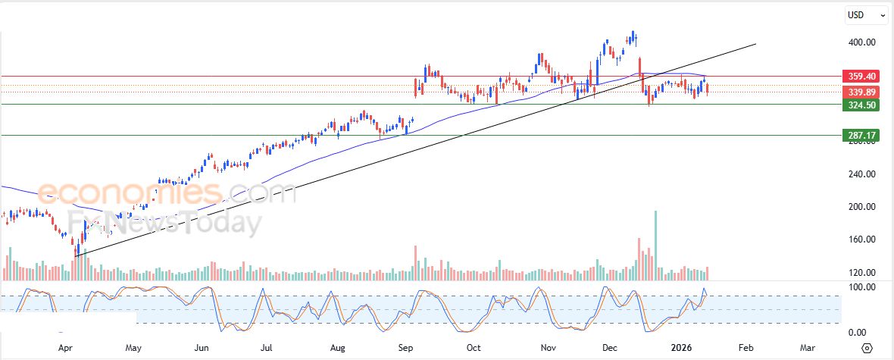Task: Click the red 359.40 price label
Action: click(862, 77)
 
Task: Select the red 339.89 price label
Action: click(862, 92)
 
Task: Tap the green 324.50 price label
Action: click(862, 105)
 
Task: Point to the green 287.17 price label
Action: click(862, 135)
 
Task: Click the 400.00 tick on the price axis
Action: click(862, 42)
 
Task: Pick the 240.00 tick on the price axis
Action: click(862, 174)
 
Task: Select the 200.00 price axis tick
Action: click(862, 207)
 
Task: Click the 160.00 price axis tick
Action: click(862, 239)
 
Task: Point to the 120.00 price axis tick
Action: click(862, 273)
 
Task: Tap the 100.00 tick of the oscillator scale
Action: click(861, 287)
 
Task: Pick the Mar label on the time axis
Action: click(808, 348)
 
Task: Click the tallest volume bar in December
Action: click(655, 239)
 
